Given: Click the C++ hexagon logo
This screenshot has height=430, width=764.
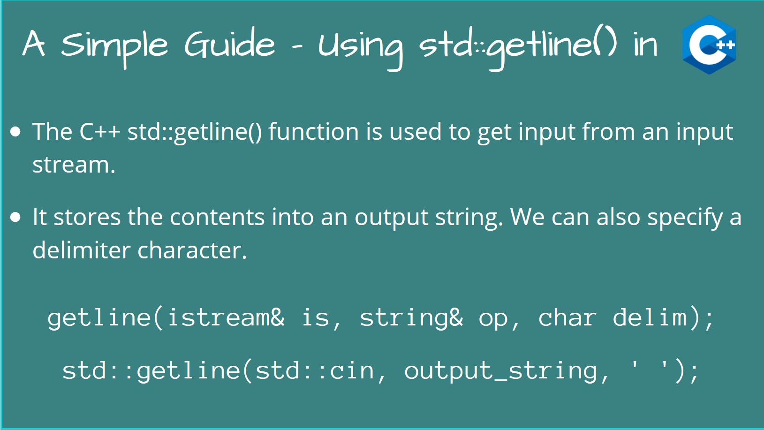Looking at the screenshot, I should coord(709,45).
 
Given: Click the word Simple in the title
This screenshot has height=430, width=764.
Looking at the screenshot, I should coord(114,45).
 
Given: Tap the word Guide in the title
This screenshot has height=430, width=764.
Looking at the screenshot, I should coord(229,45).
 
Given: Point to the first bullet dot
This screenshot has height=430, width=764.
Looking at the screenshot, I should coord(15,132).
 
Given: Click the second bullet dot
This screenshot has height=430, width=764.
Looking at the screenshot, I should coord(15,217).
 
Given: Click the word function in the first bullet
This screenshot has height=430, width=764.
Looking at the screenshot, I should coord(313,132).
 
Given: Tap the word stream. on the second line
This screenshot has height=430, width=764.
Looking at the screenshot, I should coord(74,165).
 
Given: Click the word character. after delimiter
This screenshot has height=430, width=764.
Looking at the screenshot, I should coord(192,250).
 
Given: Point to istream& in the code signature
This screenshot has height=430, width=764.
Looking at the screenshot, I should coord(226,318).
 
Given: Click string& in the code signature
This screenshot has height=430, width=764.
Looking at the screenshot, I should coord(411,318).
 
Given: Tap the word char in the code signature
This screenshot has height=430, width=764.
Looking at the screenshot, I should coord(567,318).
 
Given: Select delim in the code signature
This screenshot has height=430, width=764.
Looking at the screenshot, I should coord(650,318).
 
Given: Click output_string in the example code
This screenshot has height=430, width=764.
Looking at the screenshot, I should coord(500,371).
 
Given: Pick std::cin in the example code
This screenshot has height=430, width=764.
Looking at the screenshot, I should coord(314,371).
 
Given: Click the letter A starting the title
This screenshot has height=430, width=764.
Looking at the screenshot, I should coord(34,45).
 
